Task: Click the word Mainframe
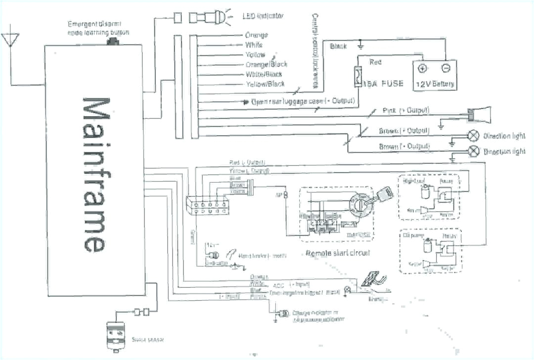click(x=94, y=174)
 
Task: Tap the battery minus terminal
click(x=445, y=68)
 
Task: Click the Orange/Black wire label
click(x=266, y=64)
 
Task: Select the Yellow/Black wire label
click(x=265, y=84)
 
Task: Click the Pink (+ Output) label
click(x=405, y=110)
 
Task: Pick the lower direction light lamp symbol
click(x=474, y=150)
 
